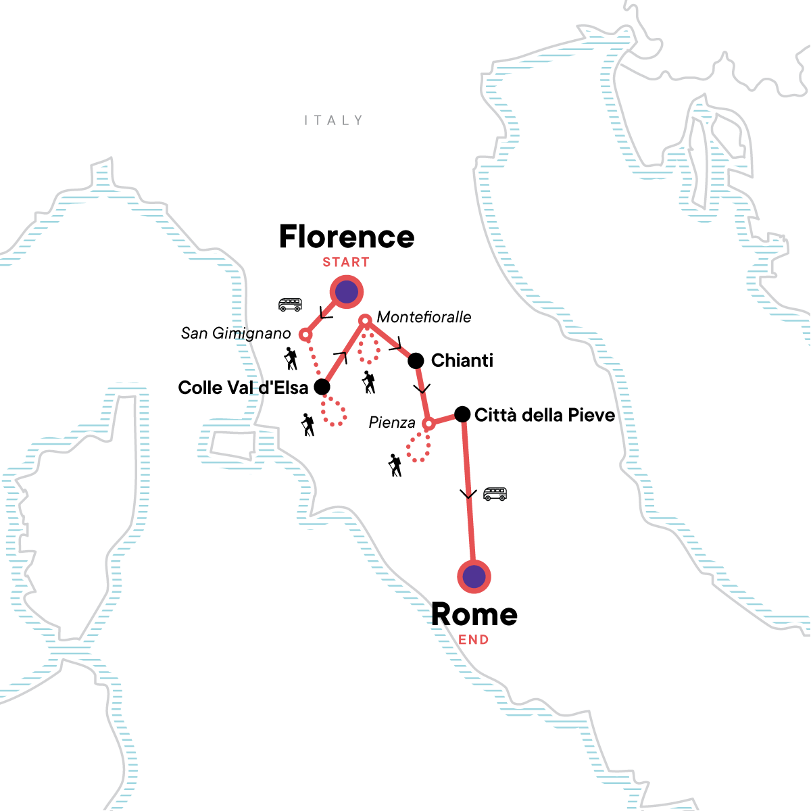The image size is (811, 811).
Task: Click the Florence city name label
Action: (x=347, y=237)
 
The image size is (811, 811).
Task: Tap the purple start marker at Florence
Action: (x=347, y=293)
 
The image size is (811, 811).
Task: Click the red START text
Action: (x=346, y=262)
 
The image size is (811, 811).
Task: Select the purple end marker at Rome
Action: (x=474, y=576)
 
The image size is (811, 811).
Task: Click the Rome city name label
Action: (x=474, y=614)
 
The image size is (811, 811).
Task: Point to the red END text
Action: (x=474, y=640)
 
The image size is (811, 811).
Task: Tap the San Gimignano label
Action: (x=236, y=333)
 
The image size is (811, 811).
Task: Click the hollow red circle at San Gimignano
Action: (x=305, y=335)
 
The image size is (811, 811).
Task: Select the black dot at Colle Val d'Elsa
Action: (x=322, y=387)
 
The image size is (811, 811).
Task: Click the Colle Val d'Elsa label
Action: (x=243, y=388)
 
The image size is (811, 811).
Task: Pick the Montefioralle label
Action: (x=424, y=317)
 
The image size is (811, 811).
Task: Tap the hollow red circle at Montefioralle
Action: (x=365, y=320)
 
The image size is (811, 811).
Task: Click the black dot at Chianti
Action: (x=416, y=361)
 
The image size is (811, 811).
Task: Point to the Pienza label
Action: (x=392, y=423)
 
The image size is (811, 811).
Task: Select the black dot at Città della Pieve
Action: (x=462, y=414)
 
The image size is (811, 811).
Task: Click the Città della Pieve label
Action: (x=545, y=415)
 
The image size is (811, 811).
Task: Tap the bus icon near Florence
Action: (x=290, y=305)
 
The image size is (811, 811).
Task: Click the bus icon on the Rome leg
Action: (x=495, y=494)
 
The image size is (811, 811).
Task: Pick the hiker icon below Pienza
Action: (x=395, y=465)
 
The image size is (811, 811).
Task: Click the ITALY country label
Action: (x=333, y=120)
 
